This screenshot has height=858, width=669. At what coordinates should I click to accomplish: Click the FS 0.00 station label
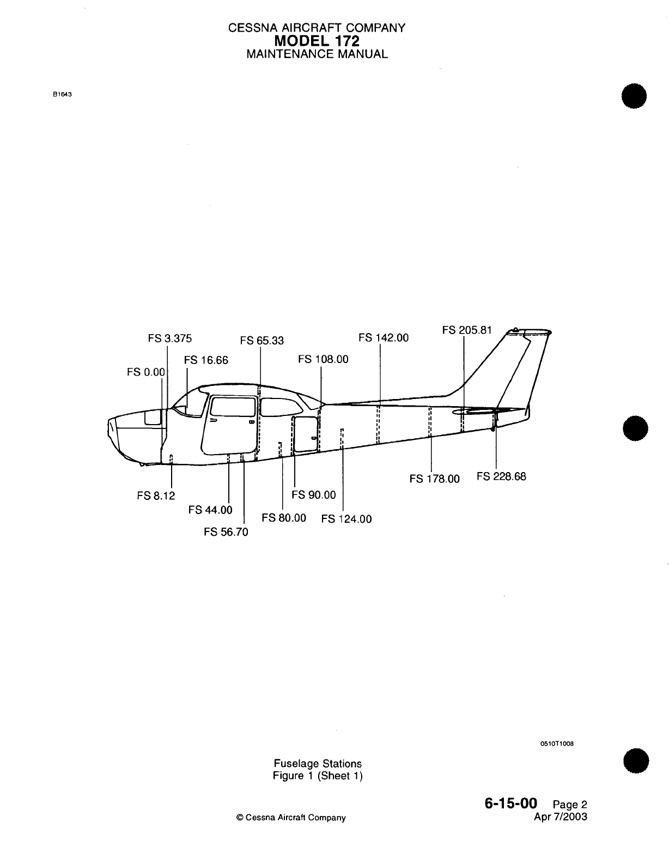145,372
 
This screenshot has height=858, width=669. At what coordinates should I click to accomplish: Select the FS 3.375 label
170,339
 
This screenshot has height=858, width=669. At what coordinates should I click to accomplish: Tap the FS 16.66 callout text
206,360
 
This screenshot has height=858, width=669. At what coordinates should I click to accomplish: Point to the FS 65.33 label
262,341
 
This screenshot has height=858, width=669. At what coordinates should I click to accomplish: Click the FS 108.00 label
323,359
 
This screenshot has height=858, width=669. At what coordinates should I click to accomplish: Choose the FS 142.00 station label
384,338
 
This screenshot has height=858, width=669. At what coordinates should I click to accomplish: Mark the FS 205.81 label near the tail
467,330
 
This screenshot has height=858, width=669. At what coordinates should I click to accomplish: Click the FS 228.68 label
501,476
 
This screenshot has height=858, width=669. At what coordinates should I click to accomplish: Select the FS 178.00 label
434,479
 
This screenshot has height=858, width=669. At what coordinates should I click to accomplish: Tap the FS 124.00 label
346,519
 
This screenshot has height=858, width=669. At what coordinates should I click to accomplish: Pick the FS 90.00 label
314,495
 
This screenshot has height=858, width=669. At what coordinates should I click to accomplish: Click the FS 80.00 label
284,517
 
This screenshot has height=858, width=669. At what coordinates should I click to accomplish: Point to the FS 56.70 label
226,532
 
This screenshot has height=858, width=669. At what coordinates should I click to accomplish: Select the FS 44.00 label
210,510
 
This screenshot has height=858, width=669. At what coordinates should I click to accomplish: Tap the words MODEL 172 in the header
317,40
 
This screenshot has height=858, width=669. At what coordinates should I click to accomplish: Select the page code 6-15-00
510,803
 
